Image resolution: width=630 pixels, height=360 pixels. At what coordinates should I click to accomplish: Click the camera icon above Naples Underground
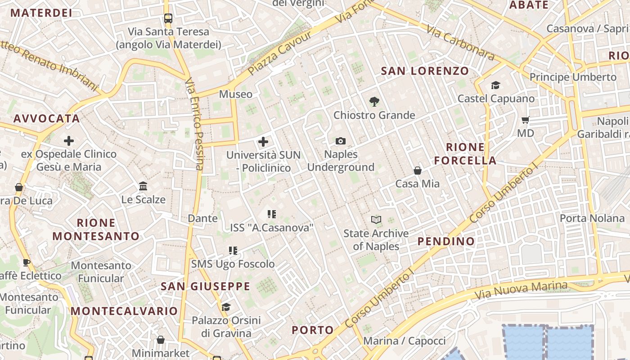341,141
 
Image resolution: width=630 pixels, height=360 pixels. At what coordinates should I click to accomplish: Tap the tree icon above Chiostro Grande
374,102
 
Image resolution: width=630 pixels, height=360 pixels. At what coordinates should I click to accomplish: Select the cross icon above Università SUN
263,142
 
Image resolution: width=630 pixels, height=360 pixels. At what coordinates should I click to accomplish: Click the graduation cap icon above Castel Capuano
495,85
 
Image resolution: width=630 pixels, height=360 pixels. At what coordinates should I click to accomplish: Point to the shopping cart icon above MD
525,120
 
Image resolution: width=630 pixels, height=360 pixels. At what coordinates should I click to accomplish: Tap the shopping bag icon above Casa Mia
418,171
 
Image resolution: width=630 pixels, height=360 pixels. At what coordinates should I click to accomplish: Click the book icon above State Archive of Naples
376,220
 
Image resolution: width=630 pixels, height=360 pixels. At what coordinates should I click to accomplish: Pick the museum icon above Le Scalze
144,186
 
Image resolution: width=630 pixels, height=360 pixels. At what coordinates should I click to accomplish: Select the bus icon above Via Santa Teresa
168,18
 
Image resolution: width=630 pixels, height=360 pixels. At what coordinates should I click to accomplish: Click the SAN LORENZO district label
425,71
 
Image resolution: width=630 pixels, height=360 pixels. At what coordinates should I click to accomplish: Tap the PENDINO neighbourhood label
446,241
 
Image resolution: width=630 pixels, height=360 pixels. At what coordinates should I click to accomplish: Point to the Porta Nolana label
592,218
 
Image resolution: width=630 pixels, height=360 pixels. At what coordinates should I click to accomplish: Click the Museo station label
236,94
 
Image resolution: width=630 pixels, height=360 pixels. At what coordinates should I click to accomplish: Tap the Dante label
202,218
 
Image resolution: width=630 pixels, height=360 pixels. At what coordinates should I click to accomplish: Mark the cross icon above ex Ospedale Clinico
69,141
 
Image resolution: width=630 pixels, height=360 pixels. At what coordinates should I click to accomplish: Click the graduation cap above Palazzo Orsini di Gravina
226,307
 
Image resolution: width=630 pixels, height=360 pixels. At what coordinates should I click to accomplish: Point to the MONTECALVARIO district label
124,311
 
